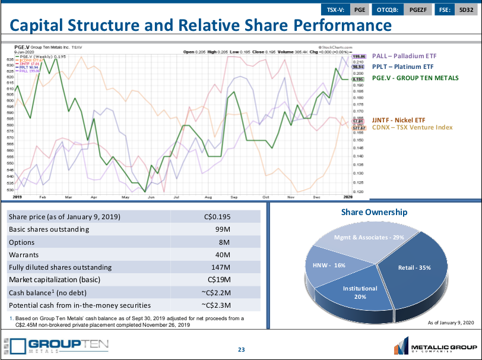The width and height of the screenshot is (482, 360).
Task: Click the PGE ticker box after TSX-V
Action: tap(360, 10)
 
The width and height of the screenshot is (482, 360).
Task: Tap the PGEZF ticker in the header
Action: tap(418, 10)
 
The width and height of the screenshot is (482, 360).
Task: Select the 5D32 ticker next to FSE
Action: tap(467, 10)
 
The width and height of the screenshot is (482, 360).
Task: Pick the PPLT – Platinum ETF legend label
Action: tap(403, 67)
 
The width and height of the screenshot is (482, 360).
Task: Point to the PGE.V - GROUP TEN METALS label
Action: tap(415, 78)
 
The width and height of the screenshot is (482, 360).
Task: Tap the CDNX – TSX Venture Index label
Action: tap(412, 127)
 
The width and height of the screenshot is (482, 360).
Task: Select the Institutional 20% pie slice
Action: tap(360, 292)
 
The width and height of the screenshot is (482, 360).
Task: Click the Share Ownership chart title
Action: tap(374, 212)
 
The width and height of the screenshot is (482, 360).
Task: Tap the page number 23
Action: tap(241, 349)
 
